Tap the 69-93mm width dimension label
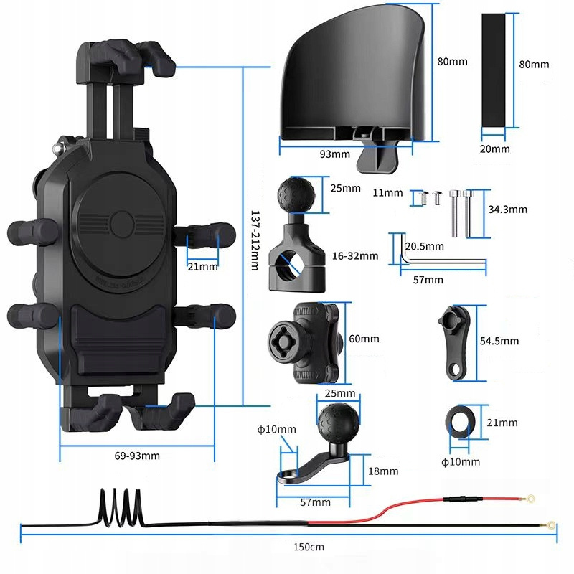pyautogui.click(x=136, y=456)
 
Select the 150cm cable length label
pyautogui.click(x=309, y=547)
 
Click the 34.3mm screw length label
pyautogui.click(x=507, y=210)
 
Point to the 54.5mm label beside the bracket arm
pyautogui.click(x=499, y=341)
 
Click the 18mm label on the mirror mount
pyautogui.click(x=383, y=471)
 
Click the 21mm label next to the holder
pyautogui.click(x=202, y=266)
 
